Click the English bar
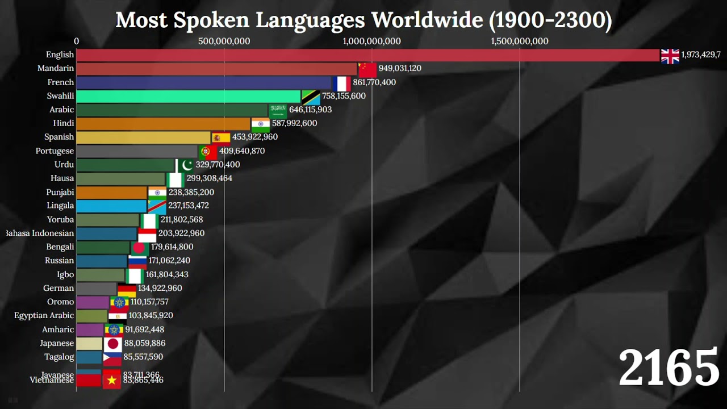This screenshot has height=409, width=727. [x=368, y=55]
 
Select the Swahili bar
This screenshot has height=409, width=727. [x=189, y=96]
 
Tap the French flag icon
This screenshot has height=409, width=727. [x=342, y=83]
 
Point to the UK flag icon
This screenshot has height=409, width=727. [x=670, y=56]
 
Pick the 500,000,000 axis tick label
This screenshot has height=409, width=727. [x=224, y=41]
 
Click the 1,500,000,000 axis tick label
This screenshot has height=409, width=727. [x=520, y=41]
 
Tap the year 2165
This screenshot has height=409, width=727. [x=669, y=368]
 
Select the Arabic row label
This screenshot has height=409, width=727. [x=62, y=110]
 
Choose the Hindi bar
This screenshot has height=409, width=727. [x=163, y=123]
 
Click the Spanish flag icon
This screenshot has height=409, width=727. [x=221, y=137]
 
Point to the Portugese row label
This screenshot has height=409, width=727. [x=55, y=151]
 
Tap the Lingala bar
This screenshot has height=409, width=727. [x=111, y=206]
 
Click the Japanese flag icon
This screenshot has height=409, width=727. [x=112, y=343]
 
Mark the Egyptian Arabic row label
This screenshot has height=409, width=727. [x=44, y=315]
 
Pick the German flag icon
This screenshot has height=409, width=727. [x=127, y=289]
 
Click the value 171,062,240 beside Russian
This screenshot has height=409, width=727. [x=169, y=261]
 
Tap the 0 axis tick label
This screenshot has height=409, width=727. [x=77, y=41]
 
